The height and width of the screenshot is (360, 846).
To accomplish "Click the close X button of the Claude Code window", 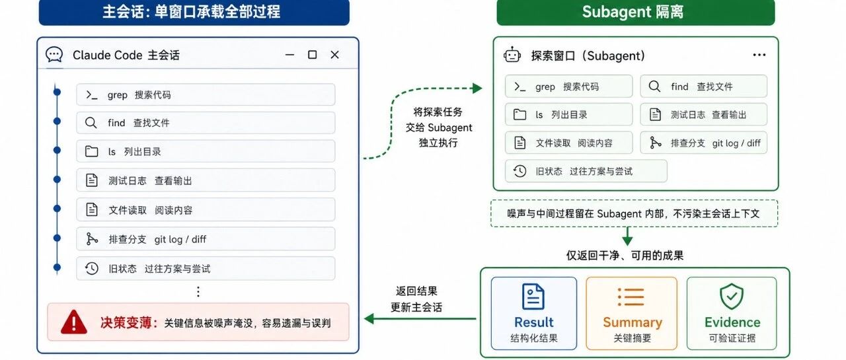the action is pyautogui.click(x=334, y=55).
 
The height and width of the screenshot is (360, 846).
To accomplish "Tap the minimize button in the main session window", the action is pyautogui.click(x=289, y=55).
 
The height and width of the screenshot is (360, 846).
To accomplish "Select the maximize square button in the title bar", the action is pyautogui.click(x=313, y=55).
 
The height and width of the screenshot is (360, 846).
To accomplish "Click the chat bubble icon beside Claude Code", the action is pyautogui.click(x=54, y=55).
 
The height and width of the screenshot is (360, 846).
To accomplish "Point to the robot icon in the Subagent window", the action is pyautogui.click(x=512, y=55).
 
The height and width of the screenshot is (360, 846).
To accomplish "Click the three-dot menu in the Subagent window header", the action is pyautogui.click(x=759, y=55).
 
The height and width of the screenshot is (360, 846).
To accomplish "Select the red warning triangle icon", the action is pyautogui.click(x=74, y=322).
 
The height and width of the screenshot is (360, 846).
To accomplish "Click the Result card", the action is pyautogui.click(x=534, y=313).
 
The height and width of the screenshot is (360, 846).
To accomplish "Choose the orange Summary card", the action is pyautogui.click(x=632, y=313).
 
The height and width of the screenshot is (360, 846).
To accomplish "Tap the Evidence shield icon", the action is pyautogui.click(x=732, y=296).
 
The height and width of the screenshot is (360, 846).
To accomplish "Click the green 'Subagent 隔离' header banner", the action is pyautogui.click(x=636, y=12).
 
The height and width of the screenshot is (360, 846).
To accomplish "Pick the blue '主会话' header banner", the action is pyautogui.click(x=194, y=12).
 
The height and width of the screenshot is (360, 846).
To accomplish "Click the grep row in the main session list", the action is pyautogui.click(x=206, y=94).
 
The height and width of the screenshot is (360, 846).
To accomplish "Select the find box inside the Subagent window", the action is pyautogui.click(x=704, y=87).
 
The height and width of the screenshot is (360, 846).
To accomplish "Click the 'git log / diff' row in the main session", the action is pyautogui.click(x=206, y=239).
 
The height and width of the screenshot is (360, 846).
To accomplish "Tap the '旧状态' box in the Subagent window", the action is pyautogui.click(x=586, y=171).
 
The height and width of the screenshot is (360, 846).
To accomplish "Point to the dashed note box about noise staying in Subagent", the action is pyautogui.click(x=634, y=213).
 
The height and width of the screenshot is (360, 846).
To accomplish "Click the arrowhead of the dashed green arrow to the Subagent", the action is pyautogui.click(x=478, y=89).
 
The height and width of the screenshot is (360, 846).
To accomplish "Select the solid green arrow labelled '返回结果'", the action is pyautogui.click(x=420, y=319).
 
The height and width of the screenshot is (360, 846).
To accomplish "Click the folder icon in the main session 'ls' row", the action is pyautogui.click(x=91, y=151).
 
